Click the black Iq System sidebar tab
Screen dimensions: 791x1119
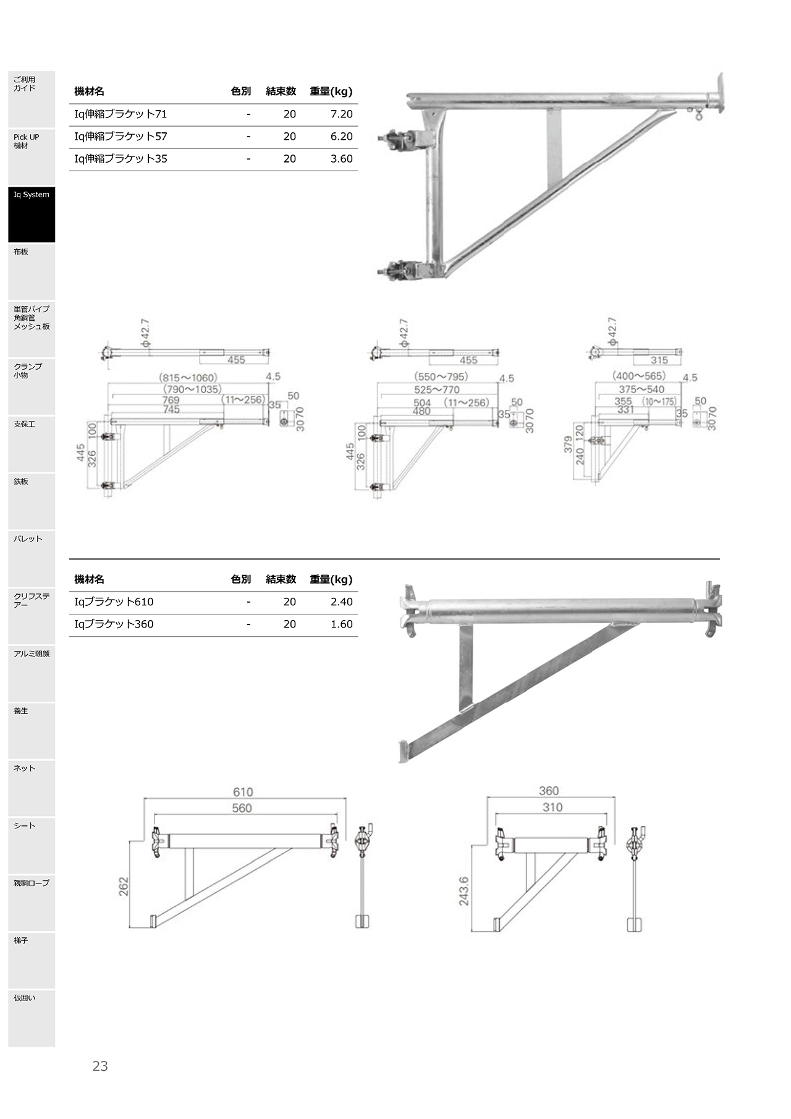(x=32, y=214)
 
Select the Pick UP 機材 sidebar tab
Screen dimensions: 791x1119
(x=32, y=156)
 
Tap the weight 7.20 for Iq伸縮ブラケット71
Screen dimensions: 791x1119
(x=341, y=114)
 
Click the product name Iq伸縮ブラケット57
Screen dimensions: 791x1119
(x=121, y=137)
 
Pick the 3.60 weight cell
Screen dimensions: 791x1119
(x=341, y=159)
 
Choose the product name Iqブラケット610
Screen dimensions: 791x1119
(x=114, y=602)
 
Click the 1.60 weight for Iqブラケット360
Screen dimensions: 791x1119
(x=341, y=624)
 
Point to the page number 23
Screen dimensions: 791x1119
(x=100, y=1066)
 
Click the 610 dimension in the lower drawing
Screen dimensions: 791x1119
(x=243, y=792)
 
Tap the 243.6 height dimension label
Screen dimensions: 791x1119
(x=463, y=891)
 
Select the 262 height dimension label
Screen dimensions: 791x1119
(x=124, y=887)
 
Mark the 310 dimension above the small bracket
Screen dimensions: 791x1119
(x=552, y=807)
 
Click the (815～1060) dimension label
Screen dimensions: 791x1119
(x=188, y=378)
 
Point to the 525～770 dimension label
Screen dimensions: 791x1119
(x=437, y=389)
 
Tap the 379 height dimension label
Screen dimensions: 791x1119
(x=568, y=445)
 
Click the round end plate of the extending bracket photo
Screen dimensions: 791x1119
(x=719, y=94)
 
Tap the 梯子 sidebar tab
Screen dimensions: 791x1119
(x=32, y=960)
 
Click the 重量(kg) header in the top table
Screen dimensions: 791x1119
(x=331, y=91)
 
